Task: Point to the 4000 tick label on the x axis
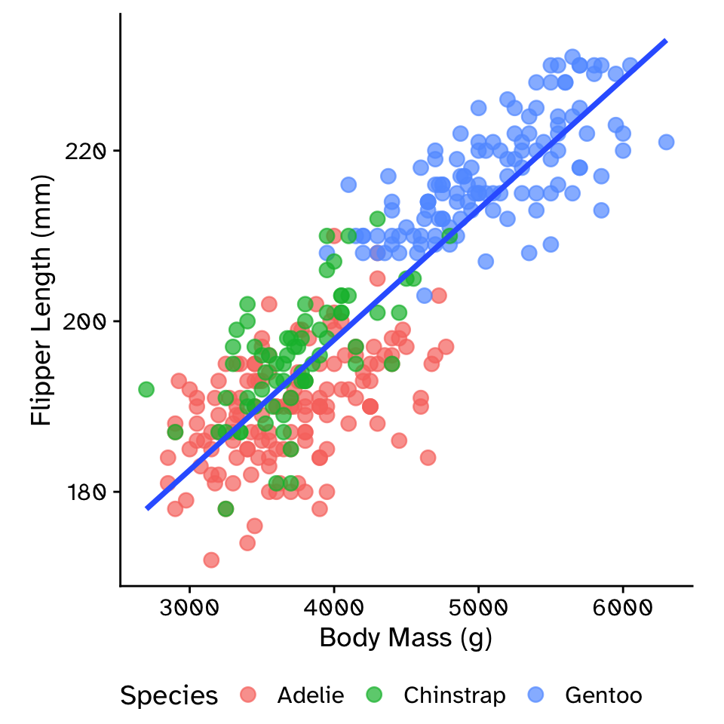pyautogui.click(x=334, y=608)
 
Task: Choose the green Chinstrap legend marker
pyautogui.click(x=374, y=695)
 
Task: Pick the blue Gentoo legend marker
pyautogui.click(x=535, y=695)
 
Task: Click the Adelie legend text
pyautogui.click(x=310, y=695)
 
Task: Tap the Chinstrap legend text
pyautogui.click(x=454, y=695)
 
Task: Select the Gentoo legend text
pyautogui.click(x=603, y=695)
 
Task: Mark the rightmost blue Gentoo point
pyautogui.click(x=666, y=142)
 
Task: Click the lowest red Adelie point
pyautogui.click(x=211, y=560)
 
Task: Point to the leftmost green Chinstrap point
pyautogui.click(x=146, y=390)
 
